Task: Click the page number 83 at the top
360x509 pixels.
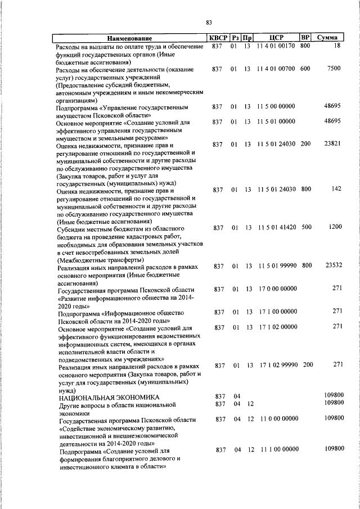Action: pyautogui.click(x=209, y=22)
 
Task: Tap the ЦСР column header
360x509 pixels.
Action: pyautogui.click(x=276, y=38)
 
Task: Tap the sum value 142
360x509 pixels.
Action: pyautogui.click(x=336, y=189)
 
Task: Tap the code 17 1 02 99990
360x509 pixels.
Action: pyautogui.click(x=277, y=365)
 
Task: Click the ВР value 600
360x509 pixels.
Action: pyautogui.click(x=305, y=69)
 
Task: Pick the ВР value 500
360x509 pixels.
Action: pyautogui.click(x=305, y=227)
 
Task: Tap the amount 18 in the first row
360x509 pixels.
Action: pyautogui.click(x=337, y=46)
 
